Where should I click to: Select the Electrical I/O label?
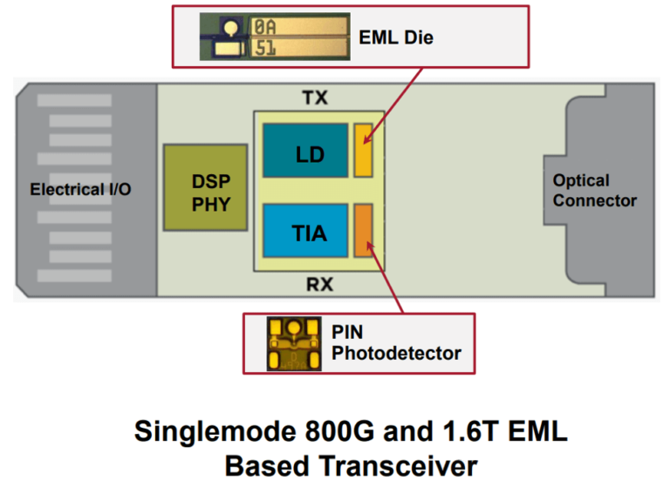click(x=80, y=189)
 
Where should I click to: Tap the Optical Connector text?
click(x=594, y=191)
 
